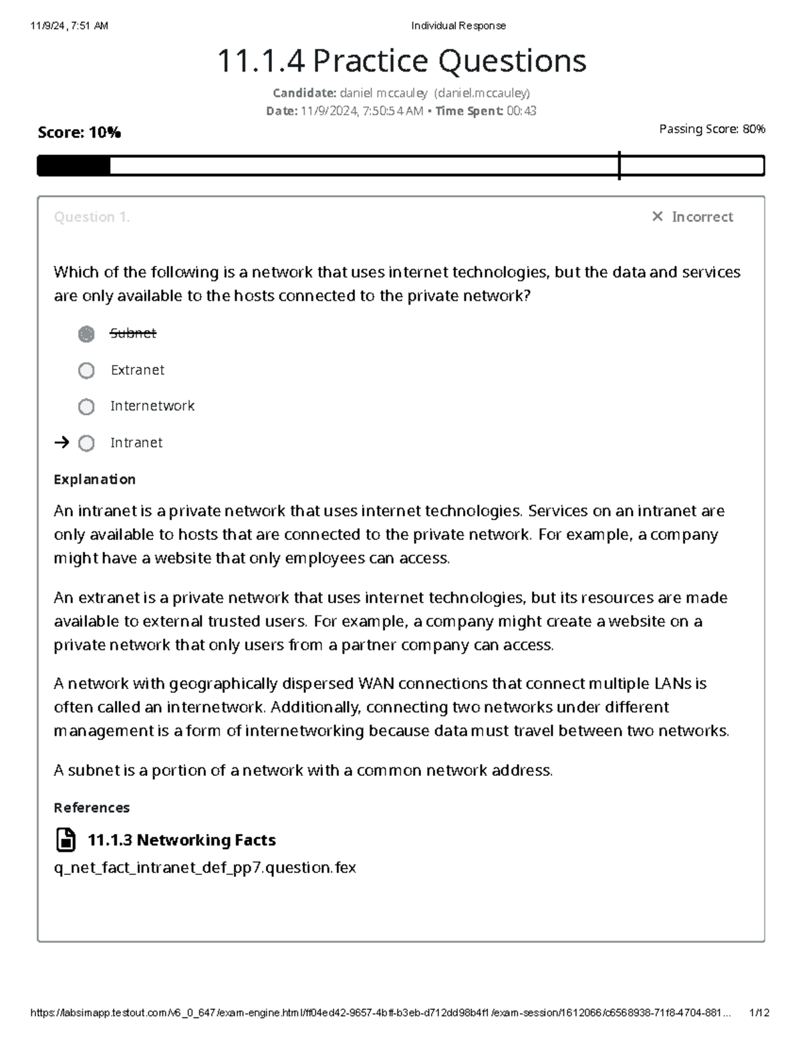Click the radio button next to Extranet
pyautogui.click(x=86, y=370)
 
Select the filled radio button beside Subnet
pyautogui.click(x=86, y=334)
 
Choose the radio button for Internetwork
pyautogui.click(x=86, y=406)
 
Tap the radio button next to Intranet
pyautogui.click(x=86, y=443)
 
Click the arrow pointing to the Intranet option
pyautogui.click(x=61, y=442)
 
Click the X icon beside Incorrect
pyautogui.click(x=657, y=217)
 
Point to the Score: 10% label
pyautogui.click(x=79, y=132)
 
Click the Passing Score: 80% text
pyautogui.click(x=712, y=129)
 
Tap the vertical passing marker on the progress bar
pyautogui.click(x=620, y=165)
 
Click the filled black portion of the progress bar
pyautogui.click(x=74, y=166)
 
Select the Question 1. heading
pyautogui.click(x=92, y=217)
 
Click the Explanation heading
pyautogui.click(x=94, y=479)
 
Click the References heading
pyautogui.click(x=92, y=807)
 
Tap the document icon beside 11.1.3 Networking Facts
pyautogui.click(x=65, y=839)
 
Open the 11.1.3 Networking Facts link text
pyautogui.click(x=181, y=839)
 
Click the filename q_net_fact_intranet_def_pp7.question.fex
pyautogui.click(x=205, y=868)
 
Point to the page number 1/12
pyautogui.click(x=760, y=1013)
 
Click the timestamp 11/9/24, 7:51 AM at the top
pyautogui.click(x=69, y=26)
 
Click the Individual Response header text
pyautogui.click(x=458, y=26)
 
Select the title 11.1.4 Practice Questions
pyautogui.click(x=402, y=61)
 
